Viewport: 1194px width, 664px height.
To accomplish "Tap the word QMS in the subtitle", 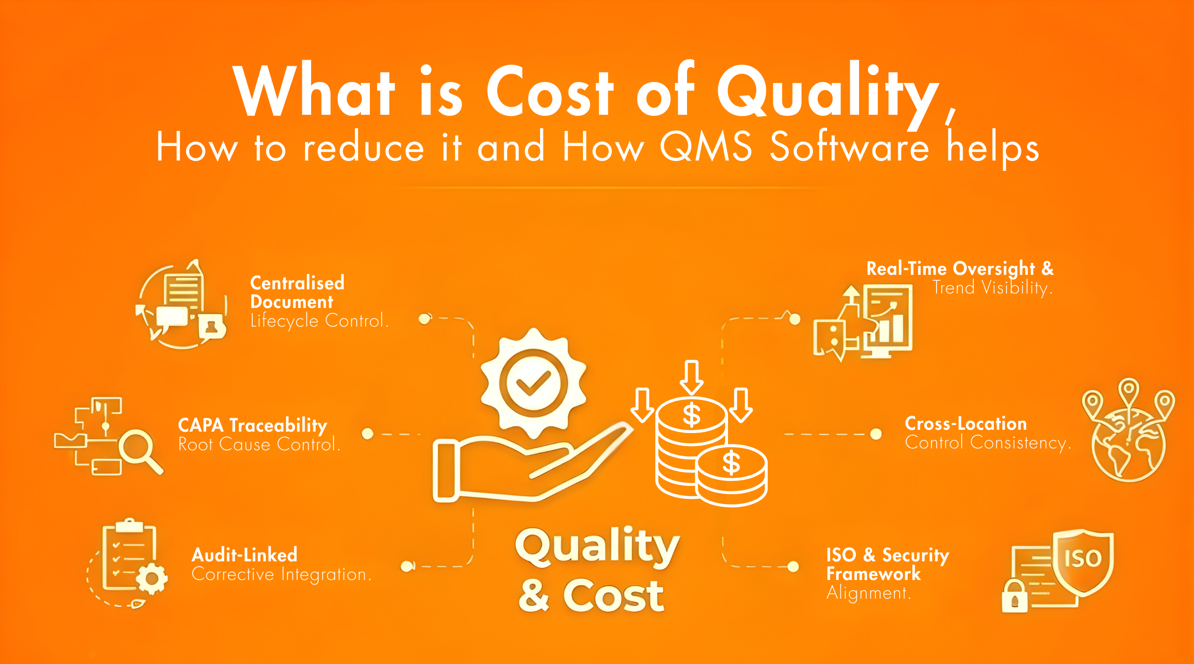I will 706,147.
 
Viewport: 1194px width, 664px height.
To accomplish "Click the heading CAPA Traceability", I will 252,425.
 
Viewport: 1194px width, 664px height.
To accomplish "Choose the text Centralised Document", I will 297,293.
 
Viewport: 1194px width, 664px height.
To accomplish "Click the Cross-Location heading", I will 965,424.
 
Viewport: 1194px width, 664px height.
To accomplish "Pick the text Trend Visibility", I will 992,287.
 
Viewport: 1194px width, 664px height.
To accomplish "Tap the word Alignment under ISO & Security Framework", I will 868,593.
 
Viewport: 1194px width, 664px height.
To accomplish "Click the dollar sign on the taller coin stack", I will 691,415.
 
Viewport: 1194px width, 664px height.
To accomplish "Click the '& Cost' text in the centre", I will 591,596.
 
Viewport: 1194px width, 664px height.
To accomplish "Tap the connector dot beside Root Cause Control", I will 368,434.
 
